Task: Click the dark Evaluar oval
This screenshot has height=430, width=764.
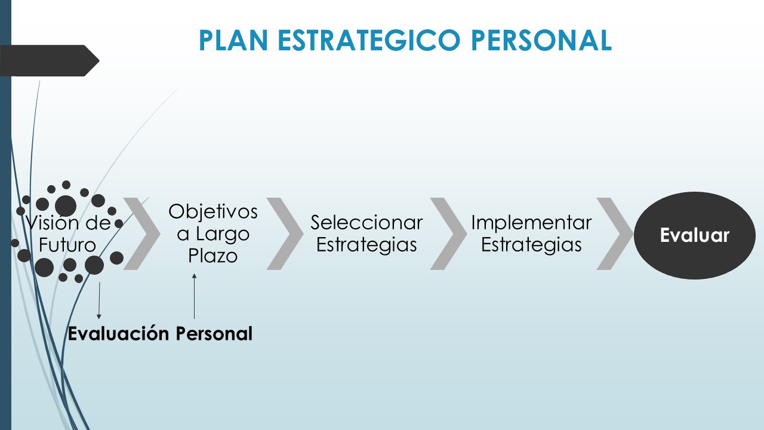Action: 694,235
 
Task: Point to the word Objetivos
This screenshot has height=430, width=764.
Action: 213,211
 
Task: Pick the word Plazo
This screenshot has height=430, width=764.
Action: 213,256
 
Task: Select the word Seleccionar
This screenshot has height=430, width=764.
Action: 366,223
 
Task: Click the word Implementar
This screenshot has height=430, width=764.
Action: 531,223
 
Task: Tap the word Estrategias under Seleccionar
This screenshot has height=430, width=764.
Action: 366,245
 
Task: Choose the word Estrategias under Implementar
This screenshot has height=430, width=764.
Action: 531,245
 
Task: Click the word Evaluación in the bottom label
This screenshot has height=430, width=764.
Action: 119,333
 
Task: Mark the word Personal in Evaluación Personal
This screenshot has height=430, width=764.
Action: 214,333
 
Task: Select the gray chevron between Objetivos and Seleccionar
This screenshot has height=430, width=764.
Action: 285,234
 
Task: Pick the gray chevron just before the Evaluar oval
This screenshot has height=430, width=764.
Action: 614,234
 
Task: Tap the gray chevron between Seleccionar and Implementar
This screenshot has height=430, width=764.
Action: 448,234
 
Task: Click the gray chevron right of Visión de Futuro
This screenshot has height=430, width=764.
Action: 142,234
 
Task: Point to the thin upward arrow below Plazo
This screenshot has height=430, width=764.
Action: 194,296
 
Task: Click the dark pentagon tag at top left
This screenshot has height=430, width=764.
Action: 48,60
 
